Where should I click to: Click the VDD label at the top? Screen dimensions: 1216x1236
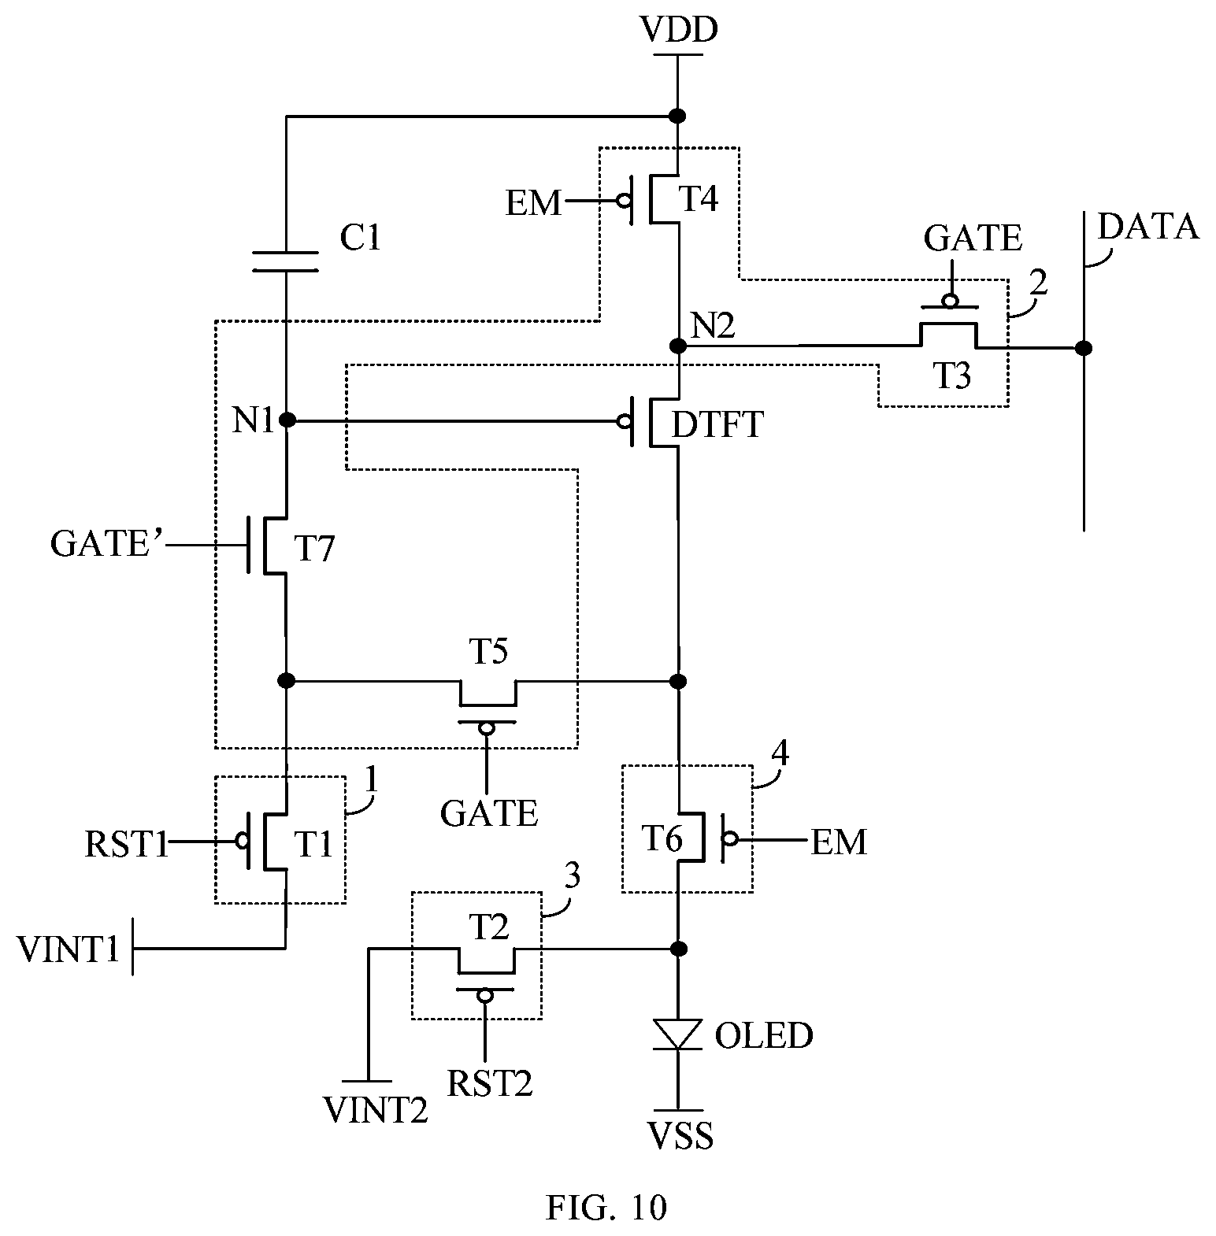(678, 30)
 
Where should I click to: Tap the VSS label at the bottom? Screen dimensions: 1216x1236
(680, 1136)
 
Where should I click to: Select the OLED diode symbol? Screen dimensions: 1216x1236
(678, 1034)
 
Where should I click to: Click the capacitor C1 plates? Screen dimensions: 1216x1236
(285, 261)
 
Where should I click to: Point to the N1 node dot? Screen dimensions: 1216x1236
(287, 420)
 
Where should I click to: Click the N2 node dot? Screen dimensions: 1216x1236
(677, 345)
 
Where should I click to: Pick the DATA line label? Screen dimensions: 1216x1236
(1147, 227)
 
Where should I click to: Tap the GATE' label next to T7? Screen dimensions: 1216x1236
(106, 543)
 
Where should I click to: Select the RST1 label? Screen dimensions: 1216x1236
(126, 846)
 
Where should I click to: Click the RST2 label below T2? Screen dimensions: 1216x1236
(490, 1083)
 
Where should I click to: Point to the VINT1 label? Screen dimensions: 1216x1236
(69, 950)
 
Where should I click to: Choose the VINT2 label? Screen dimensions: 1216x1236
(376, 1109)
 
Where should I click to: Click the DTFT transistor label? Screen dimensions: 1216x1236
(717, 425)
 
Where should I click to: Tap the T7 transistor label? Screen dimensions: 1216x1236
(314, 549)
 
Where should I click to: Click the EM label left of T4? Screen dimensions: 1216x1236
(534, 204)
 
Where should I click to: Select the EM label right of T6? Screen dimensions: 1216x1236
(839, 842)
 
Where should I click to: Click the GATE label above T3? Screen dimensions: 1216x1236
(973, 237)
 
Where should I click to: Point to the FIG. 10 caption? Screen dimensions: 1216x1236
(606, 1207)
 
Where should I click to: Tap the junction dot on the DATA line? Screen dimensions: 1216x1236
(1084, 348)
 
